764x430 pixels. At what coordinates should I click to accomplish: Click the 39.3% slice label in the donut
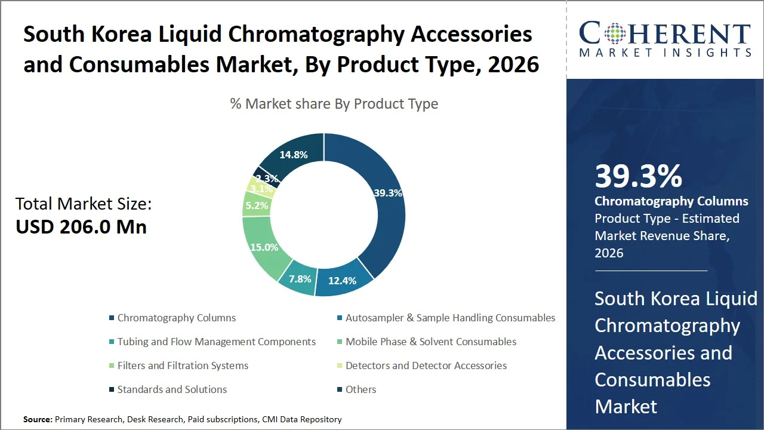coord(388,193)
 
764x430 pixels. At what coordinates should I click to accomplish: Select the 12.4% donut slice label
coord(342,280)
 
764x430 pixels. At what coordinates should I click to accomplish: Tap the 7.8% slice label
coord(300,278)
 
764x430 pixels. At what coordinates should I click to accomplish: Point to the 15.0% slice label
coord(264,247)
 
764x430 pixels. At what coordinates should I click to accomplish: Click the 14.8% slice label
coord(293,155)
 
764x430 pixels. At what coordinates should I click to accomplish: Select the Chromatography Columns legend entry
coord(176,318)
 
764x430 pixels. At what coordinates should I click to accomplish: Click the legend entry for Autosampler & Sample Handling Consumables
coord(450,318)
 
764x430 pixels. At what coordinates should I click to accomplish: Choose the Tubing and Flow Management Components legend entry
coord(216,342)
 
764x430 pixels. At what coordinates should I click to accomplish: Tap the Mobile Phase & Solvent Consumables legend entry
coord(431,342)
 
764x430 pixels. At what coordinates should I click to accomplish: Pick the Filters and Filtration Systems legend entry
coord(183,365)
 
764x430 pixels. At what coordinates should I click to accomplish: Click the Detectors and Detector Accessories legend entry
coord(426,365)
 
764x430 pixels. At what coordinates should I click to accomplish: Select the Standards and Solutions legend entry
coord(172,389)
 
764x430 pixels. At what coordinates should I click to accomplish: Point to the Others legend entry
coord(361,389)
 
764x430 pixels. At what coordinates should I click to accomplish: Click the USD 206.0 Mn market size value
coord(81,227)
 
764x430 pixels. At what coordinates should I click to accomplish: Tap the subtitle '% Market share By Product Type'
coord(334,104)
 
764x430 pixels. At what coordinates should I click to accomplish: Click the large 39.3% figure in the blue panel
coord(638,176)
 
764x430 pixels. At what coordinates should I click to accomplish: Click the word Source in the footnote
coord(38,419)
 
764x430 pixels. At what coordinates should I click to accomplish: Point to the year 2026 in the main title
coord(513,64)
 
